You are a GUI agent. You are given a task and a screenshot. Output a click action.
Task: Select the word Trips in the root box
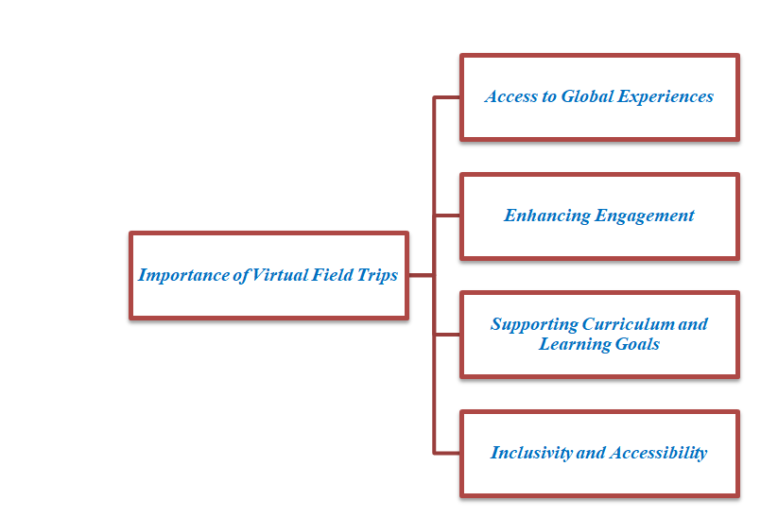pos(376,276)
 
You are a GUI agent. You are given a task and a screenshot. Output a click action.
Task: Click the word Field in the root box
pos(331,276)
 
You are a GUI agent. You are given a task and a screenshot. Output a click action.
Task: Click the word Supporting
pos(533,324)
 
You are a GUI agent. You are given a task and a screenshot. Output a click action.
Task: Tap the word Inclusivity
pos(531,453)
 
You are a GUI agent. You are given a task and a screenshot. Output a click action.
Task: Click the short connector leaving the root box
pos(421,276)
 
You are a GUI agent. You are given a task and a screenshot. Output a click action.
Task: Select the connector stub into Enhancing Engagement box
pos(447,216)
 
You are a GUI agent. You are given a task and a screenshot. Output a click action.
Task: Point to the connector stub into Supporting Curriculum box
pos(447,335)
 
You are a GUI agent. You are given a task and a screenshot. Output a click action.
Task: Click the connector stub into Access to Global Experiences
pos(447,96)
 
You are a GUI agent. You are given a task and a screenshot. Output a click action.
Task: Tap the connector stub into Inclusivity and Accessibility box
pos(447,453)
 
